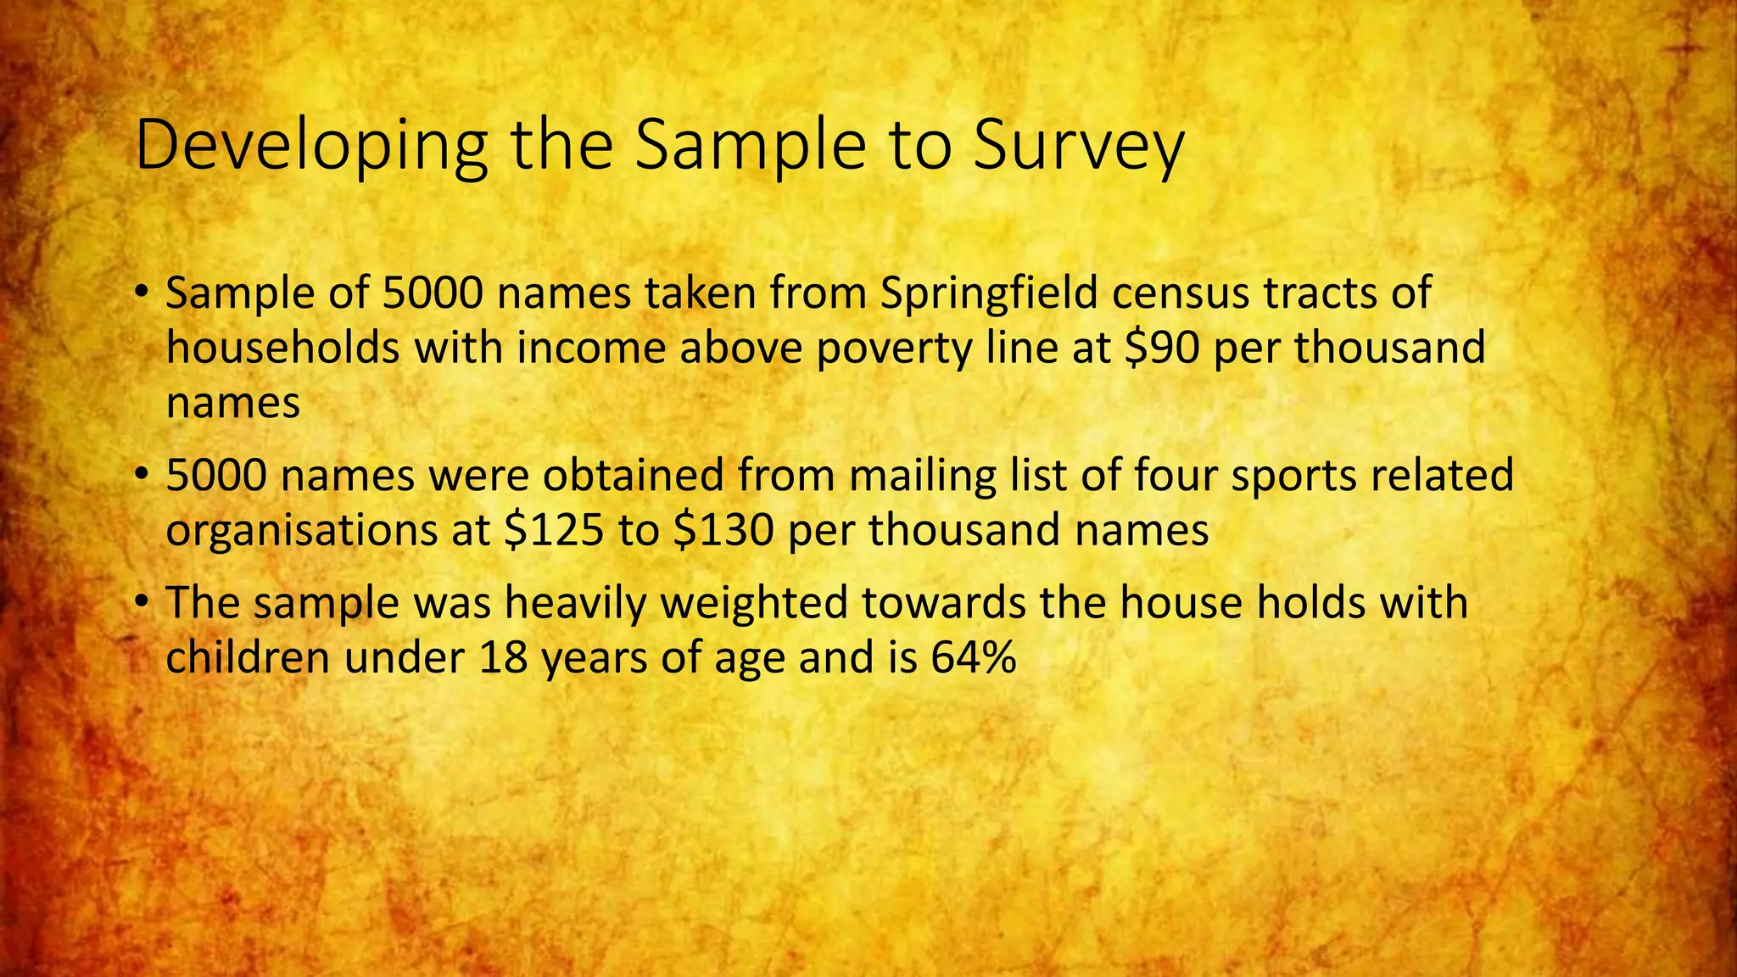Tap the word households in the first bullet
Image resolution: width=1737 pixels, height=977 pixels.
click(282, 348)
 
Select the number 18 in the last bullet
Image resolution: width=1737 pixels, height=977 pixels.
click(503, 657)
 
